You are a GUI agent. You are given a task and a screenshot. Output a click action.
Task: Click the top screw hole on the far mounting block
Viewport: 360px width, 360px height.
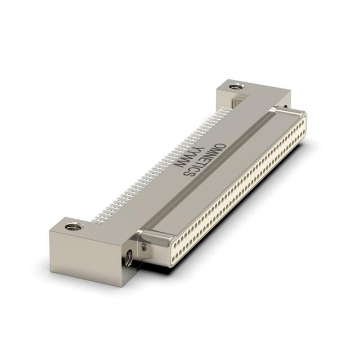pyautogui.click(x=236, y=87)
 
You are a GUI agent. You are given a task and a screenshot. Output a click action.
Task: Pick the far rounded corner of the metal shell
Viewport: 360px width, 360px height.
pyautogui.click(x=298, y=112)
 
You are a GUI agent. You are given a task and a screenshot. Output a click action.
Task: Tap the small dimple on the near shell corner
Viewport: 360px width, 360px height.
pyautogui.click(x=146, y=247)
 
